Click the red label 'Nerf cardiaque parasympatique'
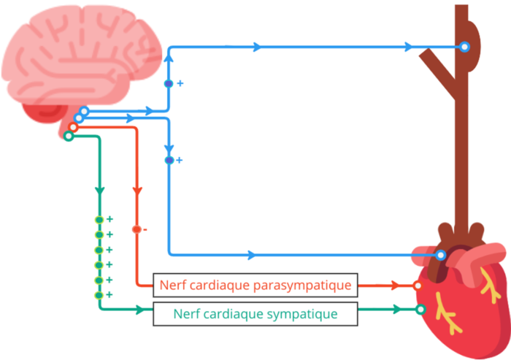(x=255, y=286)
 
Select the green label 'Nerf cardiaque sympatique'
(x=255, y=314)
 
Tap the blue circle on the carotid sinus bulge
(x=464, y=47)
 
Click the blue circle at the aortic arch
(x=441, y=255)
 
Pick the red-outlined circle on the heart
(x=418, y=286)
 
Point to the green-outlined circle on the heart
(x=420, y=310)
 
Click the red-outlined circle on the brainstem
(x=73, y=127)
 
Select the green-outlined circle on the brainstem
(x=69, y=136)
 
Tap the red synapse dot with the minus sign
(x=136, y=229)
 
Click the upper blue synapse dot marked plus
(x=169, y=84)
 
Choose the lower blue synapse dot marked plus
(x=169, y=160)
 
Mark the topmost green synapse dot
(x=99, y=220)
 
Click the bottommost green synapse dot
(x=99, y=295)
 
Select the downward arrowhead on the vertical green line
(x=99, y=191)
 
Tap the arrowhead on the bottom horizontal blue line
(x=251, y=255)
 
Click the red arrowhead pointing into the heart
(x=396, y=286)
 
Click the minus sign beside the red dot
(x=145, y=230)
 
